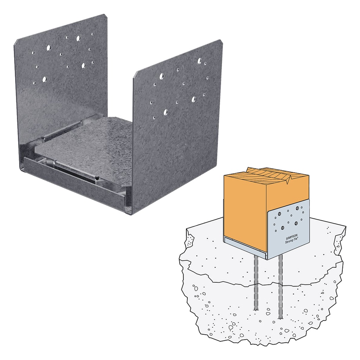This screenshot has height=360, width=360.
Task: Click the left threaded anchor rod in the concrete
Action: pyautogui.click(x=256, y=281)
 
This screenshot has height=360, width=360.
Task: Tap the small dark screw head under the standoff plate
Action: pyautogui.click(x=96, y=179)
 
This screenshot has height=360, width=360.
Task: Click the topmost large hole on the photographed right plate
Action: pyautogui.click(x=199, y=60)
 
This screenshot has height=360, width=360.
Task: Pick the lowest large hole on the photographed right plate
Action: pyautogui.click(x=166, y=112)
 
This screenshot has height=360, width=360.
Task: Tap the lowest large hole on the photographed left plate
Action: pyautogui.click(x=44, y=79)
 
